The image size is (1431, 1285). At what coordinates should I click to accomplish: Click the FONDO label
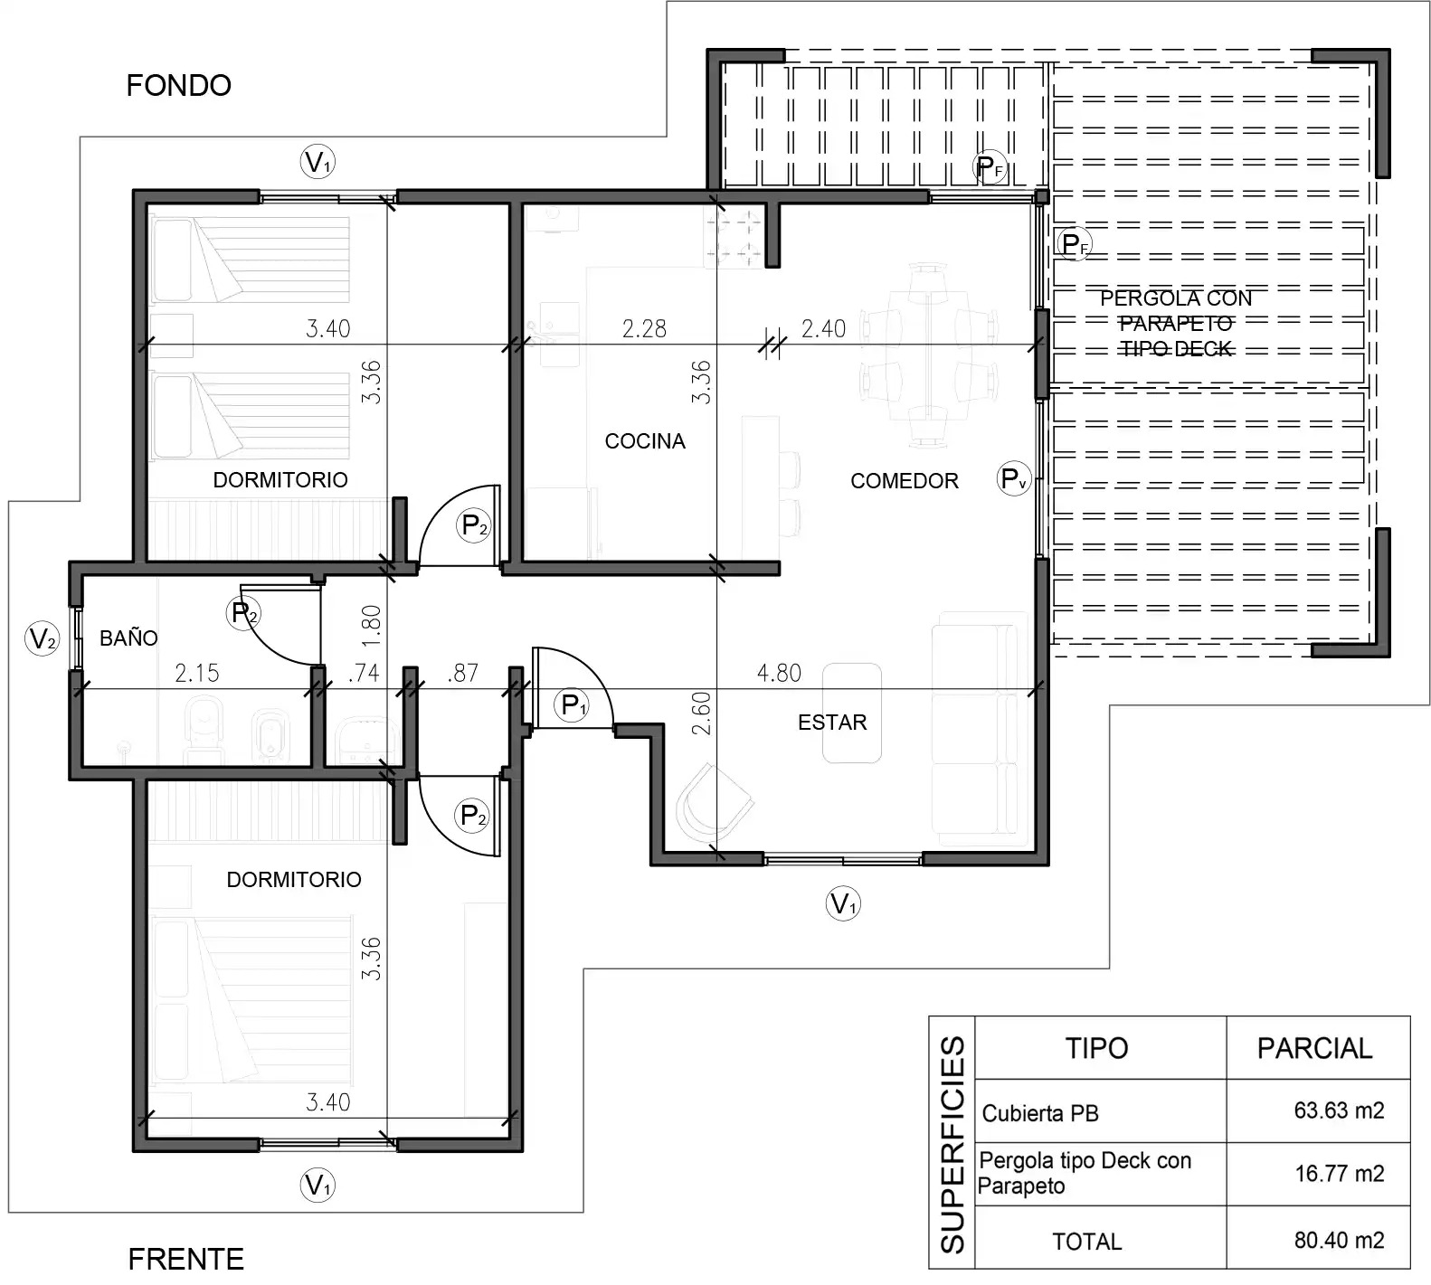coord(179,86)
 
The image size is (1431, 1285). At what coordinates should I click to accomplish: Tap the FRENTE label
coord(186,1260)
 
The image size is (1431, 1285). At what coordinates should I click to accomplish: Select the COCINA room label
coord(645,441)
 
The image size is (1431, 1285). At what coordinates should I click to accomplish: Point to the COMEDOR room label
coord(905,481)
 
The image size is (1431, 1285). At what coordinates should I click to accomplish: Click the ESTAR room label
coord(832,723)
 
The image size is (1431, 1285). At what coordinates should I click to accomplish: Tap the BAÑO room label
coord(128,638)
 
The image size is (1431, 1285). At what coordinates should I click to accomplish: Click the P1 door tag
coord(574,704)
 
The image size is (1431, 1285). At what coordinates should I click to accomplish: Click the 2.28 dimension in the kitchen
coord(644,328)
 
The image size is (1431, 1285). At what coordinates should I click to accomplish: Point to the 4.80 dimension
coord(779,673)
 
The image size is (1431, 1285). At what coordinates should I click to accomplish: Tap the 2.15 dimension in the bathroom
coord(196,673)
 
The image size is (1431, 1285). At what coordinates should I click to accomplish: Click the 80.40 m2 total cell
coord(1339,1240)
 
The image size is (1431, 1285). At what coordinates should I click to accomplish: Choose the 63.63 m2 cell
coord(1339,1110)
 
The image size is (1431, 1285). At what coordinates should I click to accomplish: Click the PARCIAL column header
coord(1314,1048)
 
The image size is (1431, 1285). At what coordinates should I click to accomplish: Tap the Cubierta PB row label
coord(1040,1113)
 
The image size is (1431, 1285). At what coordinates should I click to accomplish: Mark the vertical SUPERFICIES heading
coord(952,1145)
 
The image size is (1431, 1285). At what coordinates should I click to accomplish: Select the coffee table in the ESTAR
coord(851,713)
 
